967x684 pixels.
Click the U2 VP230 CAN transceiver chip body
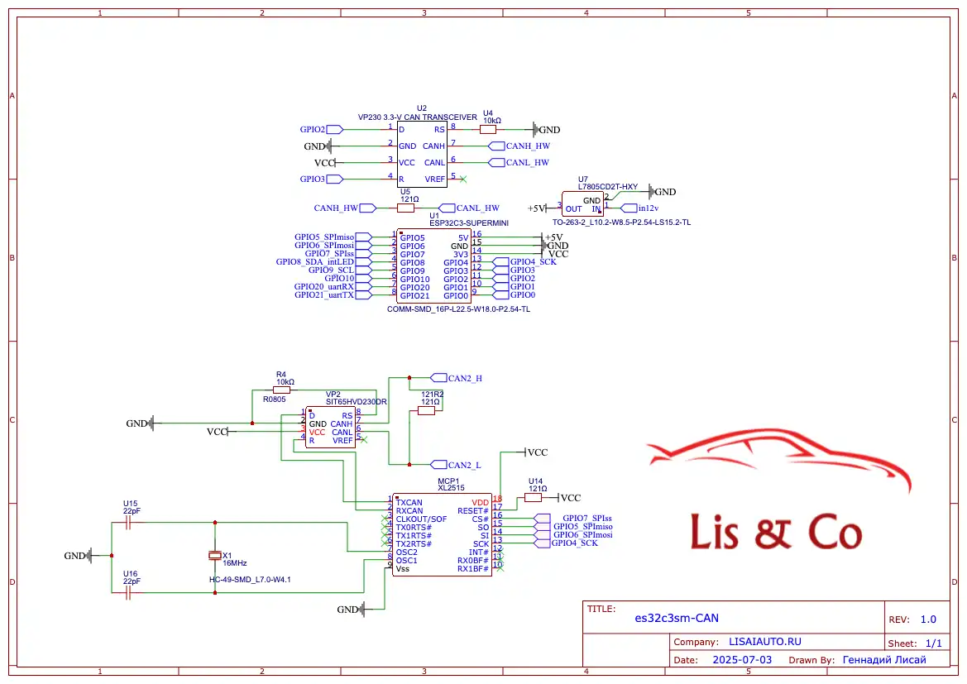coord(422,154)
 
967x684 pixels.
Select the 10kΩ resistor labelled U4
coord(488,130)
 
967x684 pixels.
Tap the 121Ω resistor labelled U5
coord(406,208)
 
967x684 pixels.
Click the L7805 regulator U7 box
coord(583,203)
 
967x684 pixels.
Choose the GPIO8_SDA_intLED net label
coord(315,262)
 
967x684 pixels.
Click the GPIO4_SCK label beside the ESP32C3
coord(533,261)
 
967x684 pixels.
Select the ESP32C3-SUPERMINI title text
coord(469,222)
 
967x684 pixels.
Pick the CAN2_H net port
coord(457,378)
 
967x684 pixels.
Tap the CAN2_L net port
coord(456,465)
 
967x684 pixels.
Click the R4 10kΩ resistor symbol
coord(281,390)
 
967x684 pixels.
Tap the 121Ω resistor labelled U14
coord(533,498)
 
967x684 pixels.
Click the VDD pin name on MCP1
coord(480,503)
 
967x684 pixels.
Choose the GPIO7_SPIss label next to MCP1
coord(587,519)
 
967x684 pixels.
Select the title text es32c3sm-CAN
coord(677,618)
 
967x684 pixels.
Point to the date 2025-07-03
coord(742,660)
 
